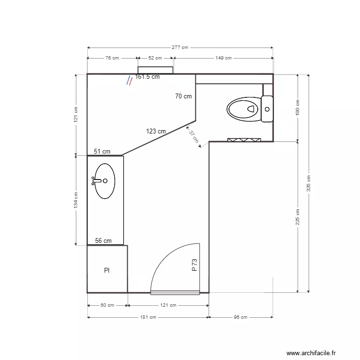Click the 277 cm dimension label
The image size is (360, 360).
[x=180, y=48]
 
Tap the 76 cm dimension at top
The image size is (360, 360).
[x=112, y=58]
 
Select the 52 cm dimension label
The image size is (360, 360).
[x=155, y=58]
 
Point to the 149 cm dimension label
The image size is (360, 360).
[x=223, y=58]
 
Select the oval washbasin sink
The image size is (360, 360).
[x=105, y=181]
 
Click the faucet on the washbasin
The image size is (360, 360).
[x=96, y=181]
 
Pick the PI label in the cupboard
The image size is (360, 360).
[x=107, y=271]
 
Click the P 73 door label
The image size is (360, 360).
[x=194, y=265]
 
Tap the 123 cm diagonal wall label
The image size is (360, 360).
[x=156, y=131]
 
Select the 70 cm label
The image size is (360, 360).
[x=183, y=96]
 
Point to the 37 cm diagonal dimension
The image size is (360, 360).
[x=193, y=137]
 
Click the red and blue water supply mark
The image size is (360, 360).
[x=129, y=81]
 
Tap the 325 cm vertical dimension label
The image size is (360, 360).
[x=309, y=182]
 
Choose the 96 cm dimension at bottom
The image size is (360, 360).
[x=240, y=317]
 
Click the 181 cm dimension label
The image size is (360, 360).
[x=148, y=317]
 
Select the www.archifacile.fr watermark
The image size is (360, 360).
[x=312, y=353]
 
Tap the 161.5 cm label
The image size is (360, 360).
[x=147, y=76]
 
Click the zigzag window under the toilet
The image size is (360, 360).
[x=244, y=140]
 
